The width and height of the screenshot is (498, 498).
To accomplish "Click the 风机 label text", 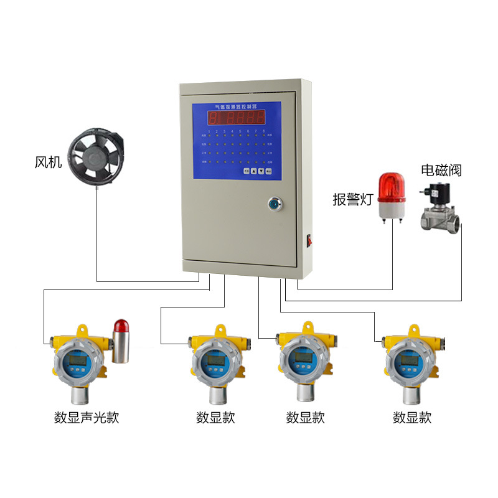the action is (x=48, y=162).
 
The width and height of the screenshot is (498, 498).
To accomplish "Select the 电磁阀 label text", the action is (x=441, y=170).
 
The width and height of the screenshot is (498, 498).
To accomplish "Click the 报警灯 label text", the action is (x=352, y=199).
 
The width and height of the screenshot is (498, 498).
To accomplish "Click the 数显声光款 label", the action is (x=86, y=417).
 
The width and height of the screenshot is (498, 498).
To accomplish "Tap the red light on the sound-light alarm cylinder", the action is (x=120, y=326).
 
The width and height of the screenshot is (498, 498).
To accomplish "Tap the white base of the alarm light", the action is (x=392, y=213).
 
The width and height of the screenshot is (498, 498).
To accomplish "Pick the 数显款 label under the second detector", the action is (x=215, y=417).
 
